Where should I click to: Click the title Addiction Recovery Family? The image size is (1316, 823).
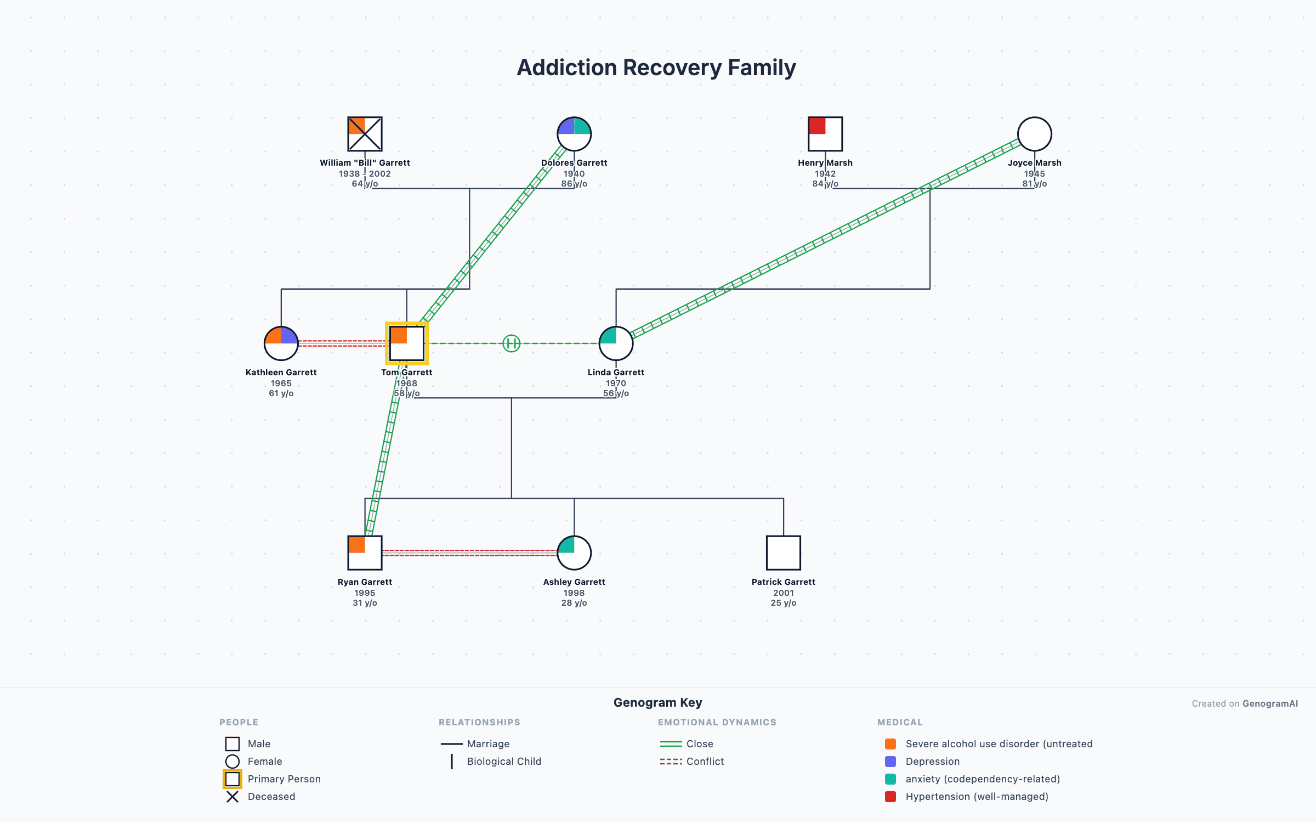coord(656,67)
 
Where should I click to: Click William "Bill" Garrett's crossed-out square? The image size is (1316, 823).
coord(365,134)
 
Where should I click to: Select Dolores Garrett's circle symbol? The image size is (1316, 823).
coord(574,134)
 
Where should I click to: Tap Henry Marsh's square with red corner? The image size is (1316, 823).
coord(825,134)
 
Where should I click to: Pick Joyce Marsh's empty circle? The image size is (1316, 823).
coord(1034,134)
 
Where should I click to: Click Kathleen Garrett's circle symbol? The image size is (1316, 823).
coord(281,343)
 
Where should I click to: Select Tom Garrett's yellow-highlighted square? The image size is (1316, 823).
coord(406,343)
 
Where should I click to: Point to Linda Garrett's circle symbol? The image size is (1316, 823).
coord(616,343)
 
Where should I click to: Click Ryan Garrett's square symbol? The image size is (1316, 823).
coord(365,553)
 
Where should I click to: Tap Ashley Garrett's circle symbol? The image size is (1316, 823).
coord(574,553)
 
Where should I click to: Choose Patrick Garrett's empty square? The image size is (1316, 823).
coord(783,553)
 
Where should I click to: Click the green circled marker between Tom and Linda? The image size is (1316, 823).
coord(511,343)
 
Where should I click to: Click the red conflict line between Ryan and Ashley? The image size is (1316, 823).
coord(469,553)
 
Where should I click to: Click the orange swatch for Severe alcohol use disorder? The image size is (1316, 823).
coord(890,744)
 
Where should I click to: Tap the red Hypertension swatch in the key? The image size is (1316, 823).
coord(890,797)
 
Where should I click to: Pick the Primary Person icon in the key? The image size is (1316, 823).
coord(232,779)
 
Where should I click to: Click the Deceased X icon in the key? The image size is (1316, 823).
coord(232,797)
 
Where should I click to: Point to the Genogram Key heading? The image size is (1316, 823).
coord(657,703)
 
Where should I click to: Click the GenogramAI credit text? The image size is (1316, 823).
coord(1245,704)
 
